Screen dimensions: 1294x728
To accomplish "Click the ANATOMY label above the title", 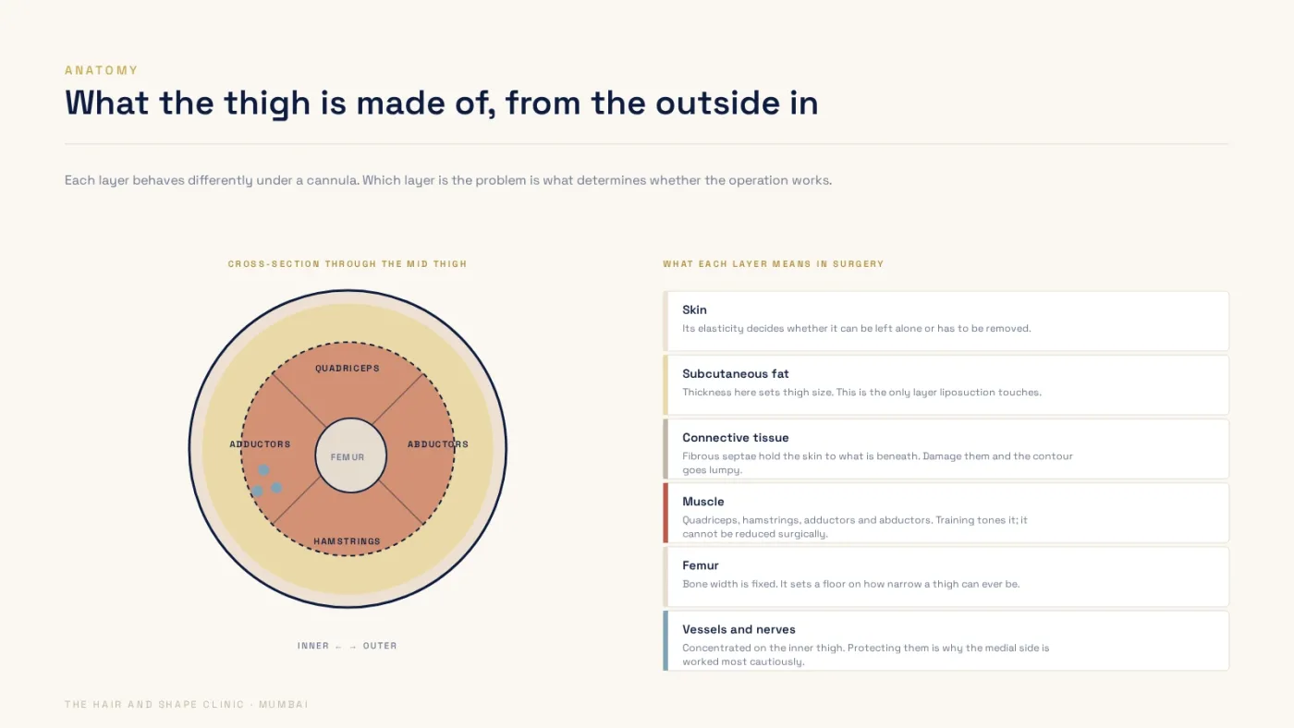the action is click(x=101, y=70).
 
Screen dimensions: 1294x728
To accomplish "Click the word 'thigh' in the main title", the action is click(x=267, y=103).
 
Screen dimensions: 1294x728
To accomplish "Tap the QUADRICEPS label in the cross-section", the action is click(x=348, y=369).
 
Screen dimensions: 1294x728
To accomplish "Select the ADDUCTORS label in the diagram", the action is click(x=260, y=444).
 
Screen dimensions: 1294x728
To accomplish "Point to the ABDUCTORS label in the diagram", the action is click(x=438, y=444).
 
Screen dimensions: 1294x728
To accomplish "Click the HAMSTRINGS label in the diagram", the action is click(x=348, y=541).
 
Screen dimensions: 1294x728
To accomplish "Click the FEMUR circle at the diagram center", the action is click(x=350, y=455).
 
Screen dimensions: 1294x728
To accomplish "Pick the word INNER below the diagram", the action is click(x=313, y=646).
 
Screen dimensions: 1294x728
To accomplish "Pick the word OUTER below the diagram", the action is click(x=380, y=646).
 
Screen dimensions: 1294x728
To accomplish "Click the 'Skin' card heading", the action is click(x=694, y=310).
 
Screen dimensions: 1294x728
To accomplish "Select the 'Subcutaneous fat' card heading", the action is click(x=736, y=373).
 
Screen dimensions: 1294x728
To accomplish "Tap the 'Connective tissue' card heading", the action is click(x=736, y=438).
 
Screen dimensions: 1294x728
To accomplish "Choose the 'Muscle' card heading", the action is click(x=703, y=502).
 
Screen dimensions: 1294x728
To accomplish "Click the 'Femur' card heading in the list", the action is click(x=701, y=565).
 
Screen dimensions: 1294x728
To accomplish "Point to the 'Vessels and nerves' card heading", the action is click(x=739, y=629).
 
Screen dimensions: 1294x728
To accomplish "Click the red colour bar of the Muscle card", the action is click(x=665, y=513).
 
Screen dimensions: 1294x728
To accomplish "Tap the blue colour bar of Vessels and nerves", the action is click(x=665, y=641).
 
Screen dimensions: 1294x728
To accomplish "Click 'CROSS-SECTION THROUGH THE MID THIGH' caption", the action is click(x=348, y=264).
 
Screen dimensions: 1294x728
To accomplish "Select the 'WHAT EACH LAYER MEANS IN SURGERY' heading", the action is click(x=774, y=264).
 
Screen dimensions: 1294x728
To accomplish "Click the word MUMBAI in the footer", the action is click(x=284, y=704).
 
